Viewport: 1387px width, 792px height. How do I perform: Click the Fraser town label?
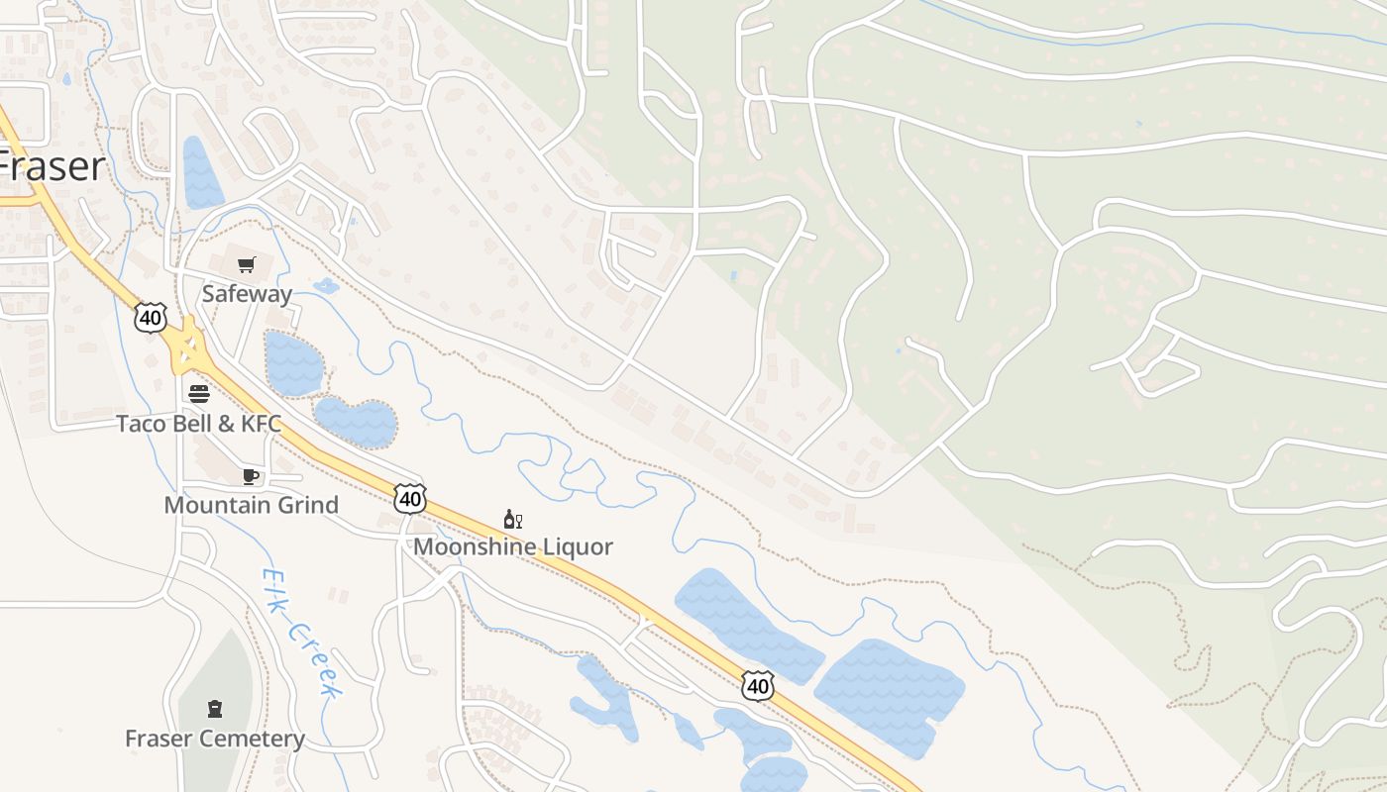click(53, 166)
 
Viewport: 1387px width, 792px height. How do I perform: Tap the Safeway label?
click(247, 294)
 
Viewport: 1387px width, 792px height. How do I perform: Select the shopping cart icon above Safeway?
click(247, 265)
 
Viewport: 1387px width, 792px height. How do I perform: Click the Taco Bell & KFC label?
click(198, 424)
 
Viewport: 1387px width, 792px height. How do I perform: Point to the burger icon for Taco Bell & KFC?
click(198, 394)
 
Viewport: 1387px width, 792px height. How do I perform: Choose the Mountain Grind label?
click(251, 505)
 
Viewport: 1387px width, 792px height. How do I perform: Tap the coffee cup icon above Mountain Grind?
click(251, 477)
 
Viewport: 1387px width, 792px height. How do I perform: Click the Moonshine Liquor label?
click(513, 546)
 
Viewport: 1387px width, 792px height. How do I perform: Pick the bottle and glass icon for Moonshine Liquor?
click(512, 520)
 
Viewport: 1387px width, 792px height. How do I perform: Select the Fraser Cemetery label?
click(215, 739)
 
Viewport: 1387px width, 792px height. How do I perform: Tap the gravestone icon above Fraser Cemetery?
click(214, 709)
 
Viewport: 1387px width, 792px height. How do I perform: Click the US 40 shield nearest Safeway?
click(150, 318)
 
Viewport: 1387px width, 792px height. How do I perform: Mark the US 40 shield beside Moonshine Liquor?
click(409, 498)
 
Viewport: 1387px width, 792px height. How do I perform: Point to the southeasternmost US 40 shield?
click(758, 685)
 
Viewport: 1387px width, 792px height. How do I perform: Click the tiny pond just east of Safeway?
click(325, 286)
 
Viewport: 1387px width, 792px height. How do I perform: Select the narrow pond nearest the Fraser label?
click(202, 174)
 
